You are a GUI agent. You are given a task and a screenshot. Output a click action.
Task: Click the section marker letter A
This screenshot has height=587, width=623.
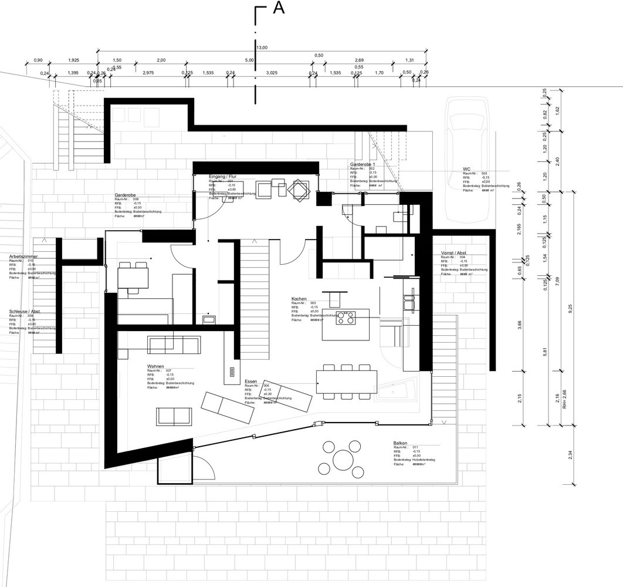(x=279, y=8)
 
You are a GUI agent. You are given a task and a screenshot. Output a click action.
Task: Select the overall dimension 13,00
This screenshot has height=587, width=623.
(x=262, y=48)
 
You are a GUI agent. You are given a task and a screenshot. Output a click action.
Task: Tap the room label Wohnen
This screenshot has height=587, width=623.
(x=155, y=366)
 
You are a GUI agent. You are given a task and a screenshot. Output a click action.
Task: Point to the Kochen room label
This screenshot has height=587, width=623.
(x=299, y=299)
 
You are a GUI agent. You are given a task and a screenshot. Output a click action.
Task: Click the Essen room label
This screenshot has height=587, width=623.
(x=251, y=382)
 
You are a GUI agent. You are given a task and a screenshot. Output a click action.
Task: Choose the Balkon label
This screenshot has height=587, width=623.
(x=401, y=444)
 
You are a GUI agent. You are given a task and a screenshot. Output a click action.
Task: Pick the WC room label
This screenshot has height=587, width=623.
(x=466, y=169)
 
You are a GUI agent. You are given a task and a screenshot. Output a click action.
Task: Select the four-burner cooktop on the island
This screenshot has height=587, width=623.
(x=346, y=318)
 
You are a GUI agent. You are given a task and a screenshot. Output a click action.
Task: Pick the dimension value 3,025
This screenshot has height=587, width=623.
(x=272, y=73)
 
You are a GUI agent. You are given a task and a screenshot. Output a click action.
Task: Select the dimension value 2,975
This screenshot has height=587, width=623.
(x=148, y=73)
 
